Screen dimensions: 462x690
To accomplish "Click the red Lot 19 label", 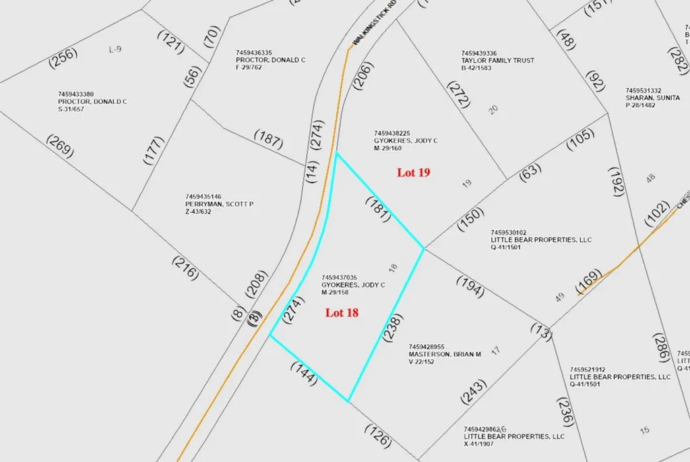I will (414, 172).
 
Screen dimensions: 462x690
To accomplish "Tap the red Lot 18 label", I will (342, 312).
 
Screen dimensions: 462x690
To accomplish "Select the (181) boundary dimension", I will (378, 209).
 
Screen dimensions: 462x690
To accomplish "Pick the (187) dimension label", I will (268, 140).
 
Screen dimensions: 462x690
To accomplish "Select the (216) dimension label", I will (185, 268).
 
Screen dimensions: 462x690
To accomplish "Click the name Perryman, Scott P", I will (219, 204).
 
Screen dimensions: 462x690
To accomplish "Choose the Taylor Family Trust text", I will (497, 61).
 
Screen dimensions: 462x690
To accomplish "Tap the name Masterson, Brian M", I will (445, 354).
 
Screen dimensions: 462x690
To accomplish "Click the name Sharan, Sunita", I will (653, 98).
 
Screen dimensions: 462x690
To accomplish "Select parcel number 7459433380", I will (76, 94).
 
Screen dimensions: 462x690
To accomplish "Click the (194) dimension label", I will (470, 286).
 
